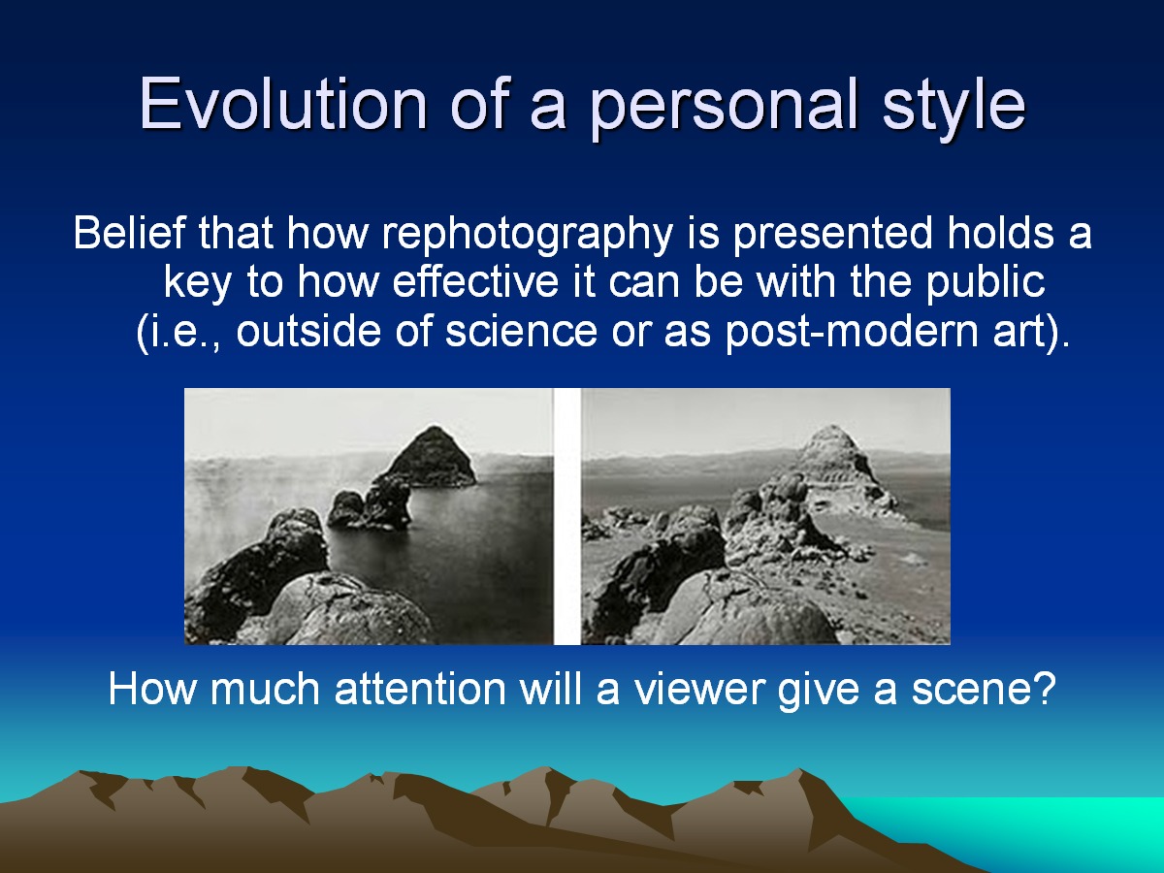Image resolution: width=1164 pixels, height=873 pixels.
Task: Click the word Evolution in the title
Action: click(283, 104)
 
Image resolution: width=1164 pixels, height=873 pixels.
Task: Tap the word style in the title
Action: click(954, 110)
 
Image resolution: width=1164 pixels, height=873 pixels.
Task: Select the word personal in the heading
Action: click(724, 110)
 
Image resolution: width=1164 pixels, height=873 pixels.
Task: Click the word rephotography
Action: click(528, 235)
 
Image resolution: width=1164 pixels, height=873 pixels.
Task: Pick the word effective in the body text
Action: click(475, 281)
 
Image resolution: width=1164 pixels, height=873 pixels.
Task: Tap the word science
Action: click(521, 333)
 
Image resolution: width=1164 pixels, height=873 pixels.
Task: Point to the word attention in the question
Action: click(420, 690)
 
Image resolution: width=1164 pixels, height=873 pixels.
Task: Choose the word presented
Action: click(832, 235)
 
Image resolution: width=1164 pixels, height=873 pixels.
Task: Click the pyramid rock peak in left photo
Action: click(434, 456)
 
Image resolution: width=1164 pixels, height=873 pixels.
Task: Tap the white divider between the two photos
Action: click(566, 516)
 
